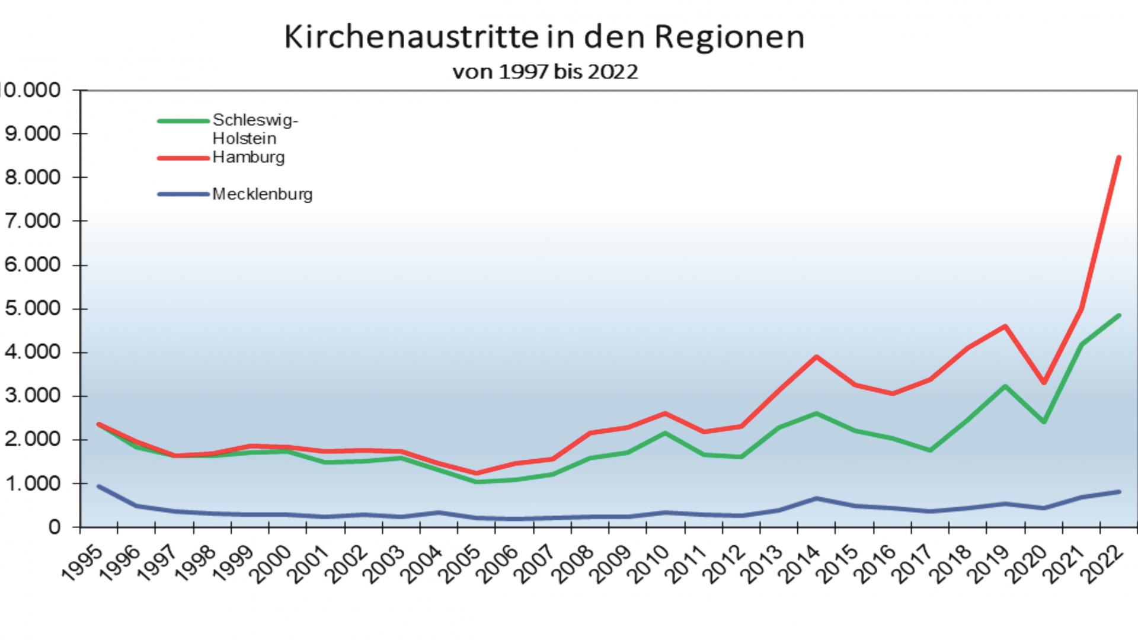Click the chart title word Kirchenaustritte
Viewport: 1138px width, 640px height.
(x=409, y=37)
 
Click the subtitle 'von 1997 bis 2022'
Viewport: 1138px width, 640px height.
(x=545, y=72)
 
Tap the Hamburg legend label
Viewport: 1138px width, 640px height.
(x=248, y=157)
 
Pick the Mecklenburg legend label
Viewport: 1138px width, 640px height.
(x=262, y=194)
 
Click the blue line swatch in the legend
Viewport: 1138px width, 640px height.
(x=183, y=194)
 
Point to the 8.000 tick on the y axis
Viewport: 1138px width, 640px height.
(x=33, y=177)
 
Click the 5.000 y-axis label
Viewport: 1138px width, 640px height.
(x=33, y=308)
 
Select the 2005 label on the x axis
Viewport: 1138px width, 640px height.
(x=463, y=564)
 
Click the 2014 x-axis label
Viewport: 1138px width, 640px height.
(x=804, y=564)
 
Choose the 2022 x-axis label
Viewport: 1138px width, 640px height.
(x=1106, y=564)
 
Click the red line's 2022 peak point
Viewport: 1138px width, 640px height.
(x=1118, y=157)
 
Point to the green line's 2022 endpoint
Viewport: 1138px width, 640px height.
(x=1118, y=315)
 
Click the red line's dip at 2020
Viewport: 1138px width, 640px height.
(x=1044, y=383)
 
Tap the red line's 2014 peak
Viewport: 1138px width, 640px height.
(x=817, y=357)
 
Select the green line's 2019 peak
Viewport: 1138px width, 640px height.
(x=1005, y=386)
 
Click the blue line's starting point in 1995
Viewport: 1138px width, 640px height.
(x=98, y=487)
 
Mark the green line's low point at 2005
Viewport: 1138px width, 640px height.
(x=477, y=482)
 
